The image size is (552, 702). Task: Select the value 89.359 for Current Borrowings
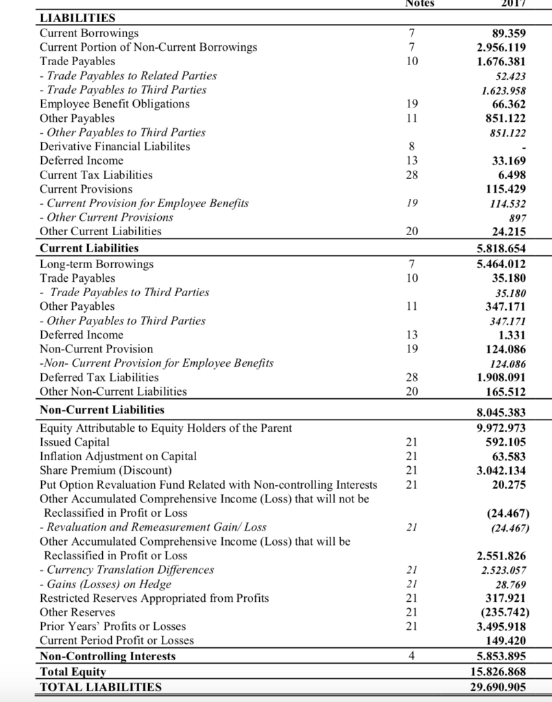pyautogui.click(x=509, y=33)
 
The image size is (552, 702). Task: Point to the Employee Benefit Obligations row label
pyautogui.click(x=115, y=104)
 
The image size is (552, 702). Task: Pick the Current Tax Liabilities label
pyautogui.click(x=96, y=175)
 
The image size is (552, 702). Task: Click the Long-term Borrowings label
pyautogui.click(x=97, y=264)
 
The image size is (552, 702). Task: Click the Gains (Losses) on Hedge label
pyautogui.click(x=106, y=584)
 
